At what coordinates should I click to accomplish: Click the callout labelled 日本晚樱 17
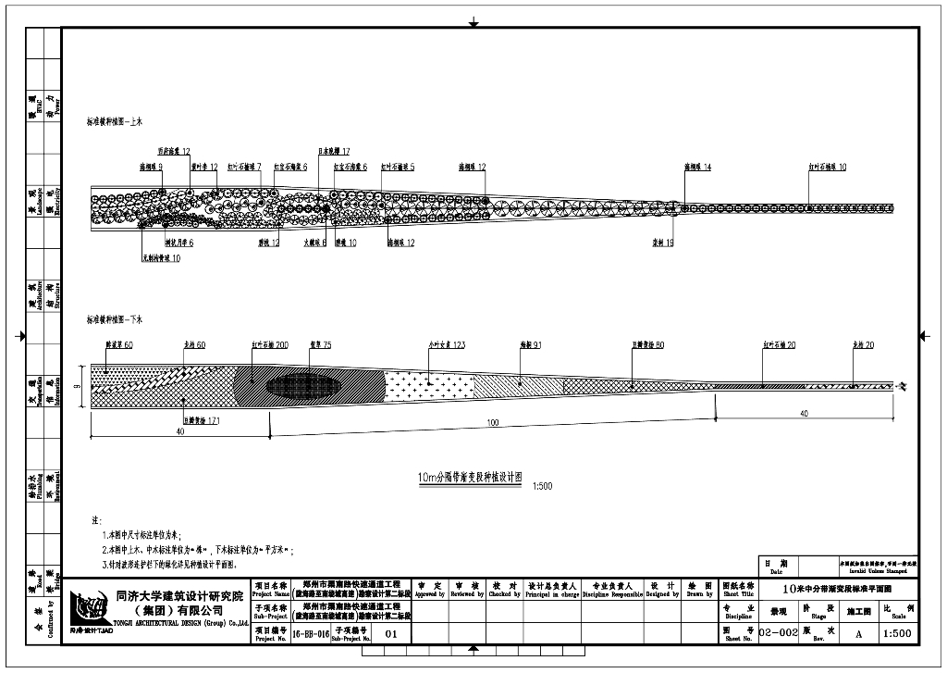334,151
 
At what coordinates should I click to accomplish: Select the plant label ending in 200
270,344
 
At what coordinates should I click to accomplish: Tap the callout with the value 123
447,344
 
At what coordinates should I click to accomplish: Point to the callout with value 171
201,420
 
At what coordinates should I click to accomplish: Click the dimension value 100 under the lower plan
492,422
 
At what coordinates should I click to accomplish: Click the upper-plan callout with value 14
697,168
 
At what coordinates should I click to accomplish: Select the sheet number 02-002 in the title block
778,633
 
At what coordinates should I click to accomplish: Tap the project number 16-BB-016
310,634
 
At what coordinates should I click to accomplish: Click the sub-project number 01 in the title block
389,634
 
